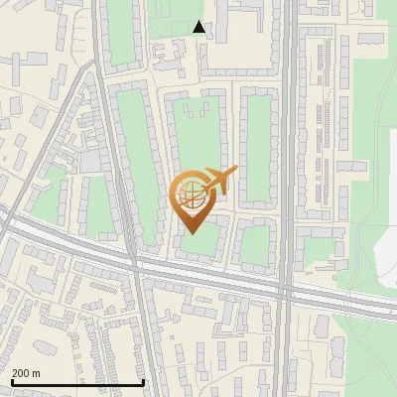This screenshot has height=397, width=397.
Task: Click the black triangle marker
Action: tap(199, 27)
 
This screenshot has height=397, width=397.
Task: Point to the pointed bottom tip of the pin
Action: tap(192, 232)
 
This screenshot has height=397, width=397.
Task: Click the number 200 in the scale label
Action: tap(20, 373)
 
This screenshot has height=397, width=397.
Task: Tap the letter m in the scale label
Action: tap(36, 373)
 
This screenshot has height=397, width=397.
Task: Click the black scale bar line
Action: tap(77, 382)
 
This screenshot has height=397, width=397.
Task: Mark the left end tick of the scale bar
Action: tap(11, 382)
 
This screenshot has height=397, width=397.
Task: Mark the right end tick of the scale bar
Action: tap(144, 382)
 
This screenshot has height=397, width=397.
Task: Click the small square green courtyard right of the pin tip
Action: tap(255, 245)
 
